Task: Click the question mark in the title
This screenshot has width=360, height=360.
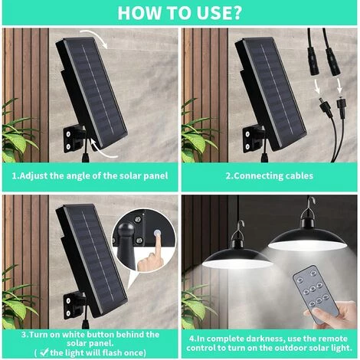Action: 237,12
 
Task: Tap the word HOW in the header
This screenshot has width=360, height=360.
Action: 135,12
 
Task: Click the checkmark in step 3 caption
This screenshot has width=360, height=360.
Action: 44,352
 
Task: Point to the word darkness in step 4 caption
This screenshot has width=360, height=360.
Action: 264,339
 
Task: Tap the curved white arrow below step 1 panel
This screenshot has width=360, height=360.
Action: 103,149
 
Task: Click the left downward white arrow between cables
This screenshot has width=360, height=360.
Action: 317,87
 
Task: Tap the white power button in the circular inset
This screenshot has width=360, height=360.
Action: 156,233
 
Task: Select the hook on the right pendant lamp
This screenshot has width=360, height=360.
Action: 310,202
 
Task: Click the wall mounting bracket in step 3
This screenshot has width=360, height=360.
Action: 74,305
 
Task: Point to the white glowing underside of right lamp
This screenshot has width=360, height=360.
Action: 307,246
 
